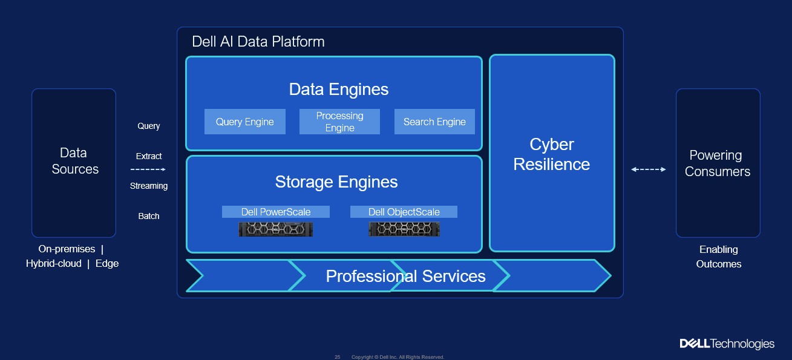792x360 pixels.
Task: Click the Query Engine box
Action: click(x=244, y=122)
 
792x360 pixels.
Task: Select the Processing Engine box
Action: click(x=339, y=122)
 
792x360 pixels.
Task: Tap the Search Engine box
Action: click(x=434, y=122)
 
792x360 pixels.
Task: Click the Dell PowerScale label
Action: click(x=275, y=212)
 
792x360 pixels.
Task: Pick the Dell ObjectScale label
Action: click(x=404, y=212)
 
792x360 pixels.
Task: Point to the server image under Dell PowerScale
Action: click(x=275, y=229)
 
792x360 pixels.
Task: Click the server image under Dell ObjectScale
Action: click(x=404, y=229)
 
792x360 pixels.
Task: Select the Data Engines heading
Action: click(x=338, y=90)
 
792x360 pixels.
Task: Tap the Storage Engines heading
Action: click(x=336, y=182)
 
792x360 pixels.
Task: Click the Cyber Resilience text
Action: click(x=551, y=154)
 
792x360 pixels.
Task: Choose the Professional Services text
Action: click(x=405, y=277)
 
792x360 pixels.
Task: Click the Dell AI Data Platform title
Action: click(x=258, y=42)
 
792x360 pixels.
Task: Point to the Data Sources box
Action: click(x=74, y=162)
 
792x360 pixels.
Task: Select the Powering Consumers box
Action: click(x=717, y=163)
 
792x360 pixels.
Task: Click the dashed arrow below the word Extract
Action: click(x=148, y=169)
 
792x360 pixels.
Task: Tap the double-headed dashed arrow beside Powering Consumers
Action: click(x=648, y=170)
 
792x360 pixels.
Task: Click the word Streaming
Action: click(x=148, y=186)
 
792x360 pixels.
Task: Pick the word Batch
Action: click(x=148, y=216)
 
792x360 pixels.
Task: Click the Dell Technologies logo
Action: click(x=727, y=344)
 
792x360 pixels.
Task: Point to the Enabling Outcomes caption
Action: click(x=718, y=257)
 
